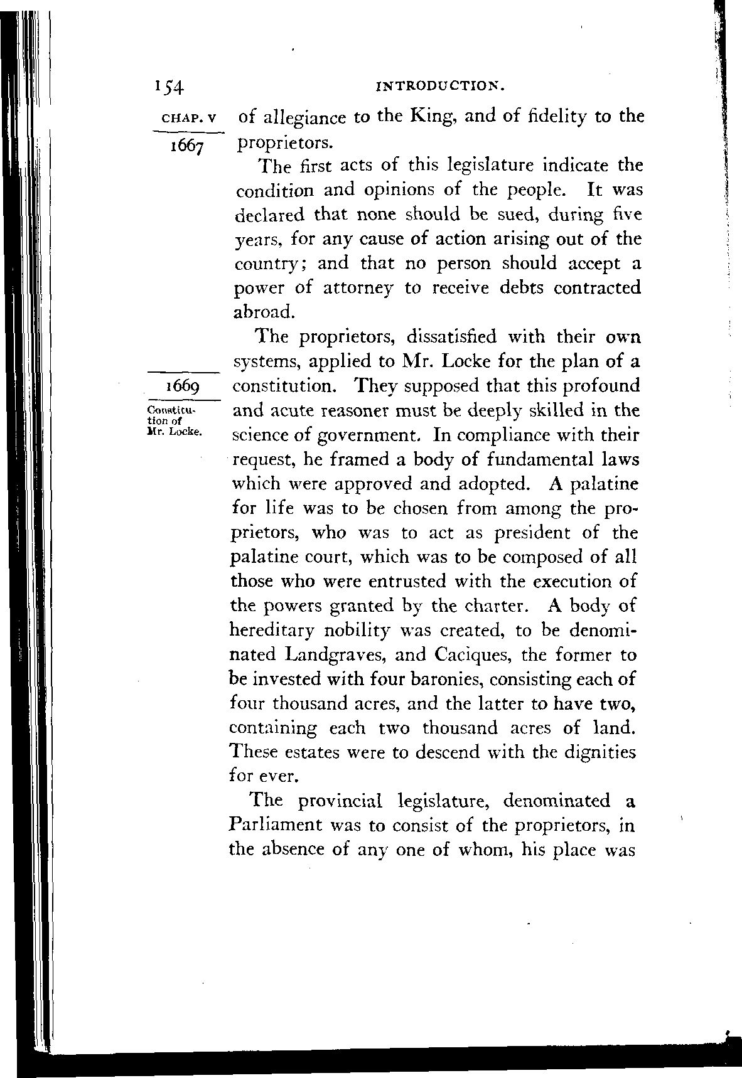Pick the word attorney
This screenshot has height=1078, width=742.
tap(358, 288)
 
